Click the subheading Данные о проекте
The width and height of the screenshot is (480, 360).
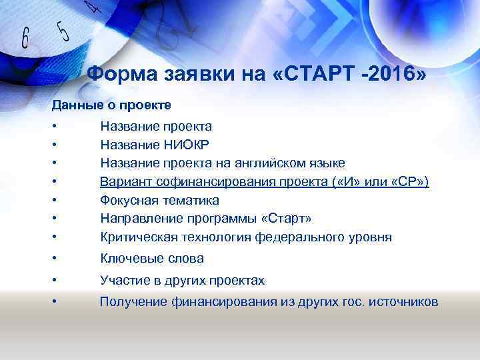[112, 105]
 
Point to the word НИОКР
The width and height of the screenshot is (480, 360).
[186, 145]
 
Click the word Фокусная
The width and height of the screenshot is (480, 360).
[129, 200]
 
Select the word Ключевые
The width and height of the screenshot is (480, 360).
[129, 259]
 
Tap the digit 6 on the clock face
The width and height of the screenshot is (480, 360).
[26, 39]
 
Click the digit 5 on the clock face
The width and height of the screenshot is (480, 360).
[63, 31]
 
